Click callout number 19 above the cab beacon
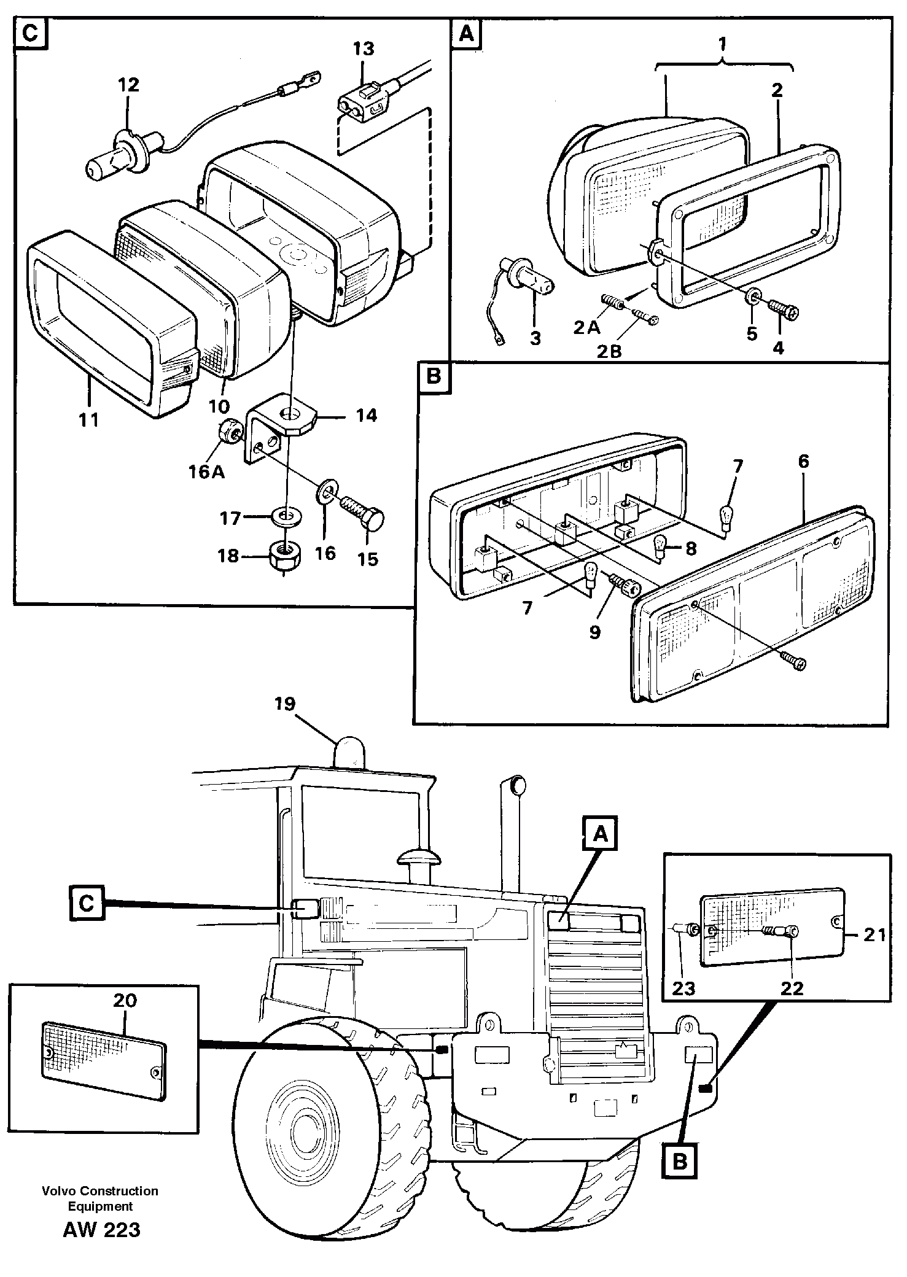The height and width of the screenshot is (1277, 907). pos(285,704)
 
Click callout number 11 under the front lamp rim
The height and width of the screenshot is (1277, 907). pos(88,420)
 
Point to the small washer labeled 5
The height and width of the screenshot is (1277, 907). pos(752,299)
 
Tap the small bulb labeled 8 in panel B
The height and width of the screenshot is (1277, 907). pos(660,546)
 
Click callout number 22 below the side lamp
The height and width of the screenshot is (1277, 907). pos(792,988)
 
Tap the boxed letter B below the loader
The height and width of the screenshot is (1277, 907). pos(679,1160)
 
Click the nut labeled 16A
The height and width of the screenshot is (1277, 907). pos(230,435)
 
